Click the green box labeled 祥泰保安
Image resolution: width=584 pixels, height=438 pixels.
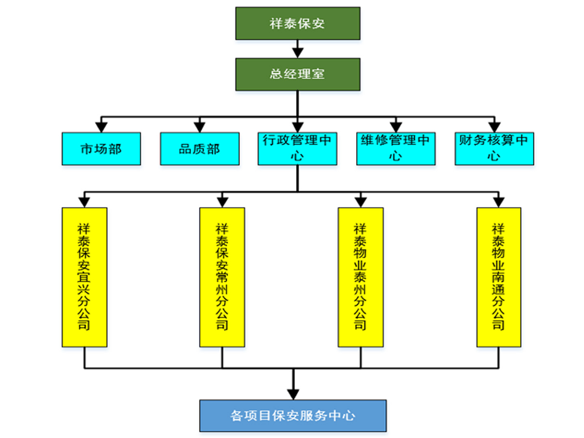[x=298, y=24]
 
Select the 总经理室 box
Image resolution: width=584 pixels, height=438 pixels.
[x=298, y=74]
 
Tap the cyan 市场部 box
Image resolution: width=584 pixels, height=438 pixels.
[x=101, y=149]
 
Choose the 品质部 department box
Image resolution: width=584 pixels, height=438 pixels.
[x=200, y=149]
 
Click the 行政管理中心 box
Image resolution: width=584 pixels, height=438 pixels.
[x=297, y=149]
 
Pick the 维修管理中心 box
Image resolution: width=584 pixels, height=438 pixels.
[x=396, y=149]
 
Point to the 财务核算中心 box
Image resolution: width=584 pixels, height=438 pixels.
[x=494, y=149]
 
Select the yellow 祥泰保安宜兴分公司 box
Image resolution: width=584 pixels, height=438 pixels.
[x=84, y=277]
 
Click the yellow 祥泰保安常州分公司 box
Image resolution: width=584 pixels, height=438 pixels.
[x=222, y=277]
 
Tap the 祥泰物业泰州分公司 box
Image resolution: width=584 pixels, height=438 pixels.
[x=361, y=277]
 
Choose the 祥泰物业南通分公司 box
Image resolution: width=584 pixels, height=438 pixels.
[x=499, y=277]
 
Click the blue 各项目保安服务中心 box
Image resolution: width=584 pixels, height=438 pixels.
[x=293, y=416]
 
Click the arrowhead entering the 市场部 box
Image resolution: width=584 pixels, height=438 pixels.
[x=101, y=127]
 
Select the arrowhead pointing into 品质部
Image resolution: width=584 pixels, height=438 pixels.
[x=200, y=127]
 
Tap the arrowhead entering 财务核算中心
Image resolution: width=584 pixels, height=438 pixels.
[x=494, y=127]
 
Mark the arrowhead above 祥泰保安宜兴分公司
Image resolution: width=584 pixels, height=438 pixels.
[x=84, y=202]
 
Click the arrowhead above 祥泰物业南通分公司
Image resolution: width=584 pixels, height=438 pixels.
[x=499, y=202]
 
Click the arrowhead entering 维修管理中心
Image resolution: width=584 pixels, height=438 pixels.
[x=396, y=127]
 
